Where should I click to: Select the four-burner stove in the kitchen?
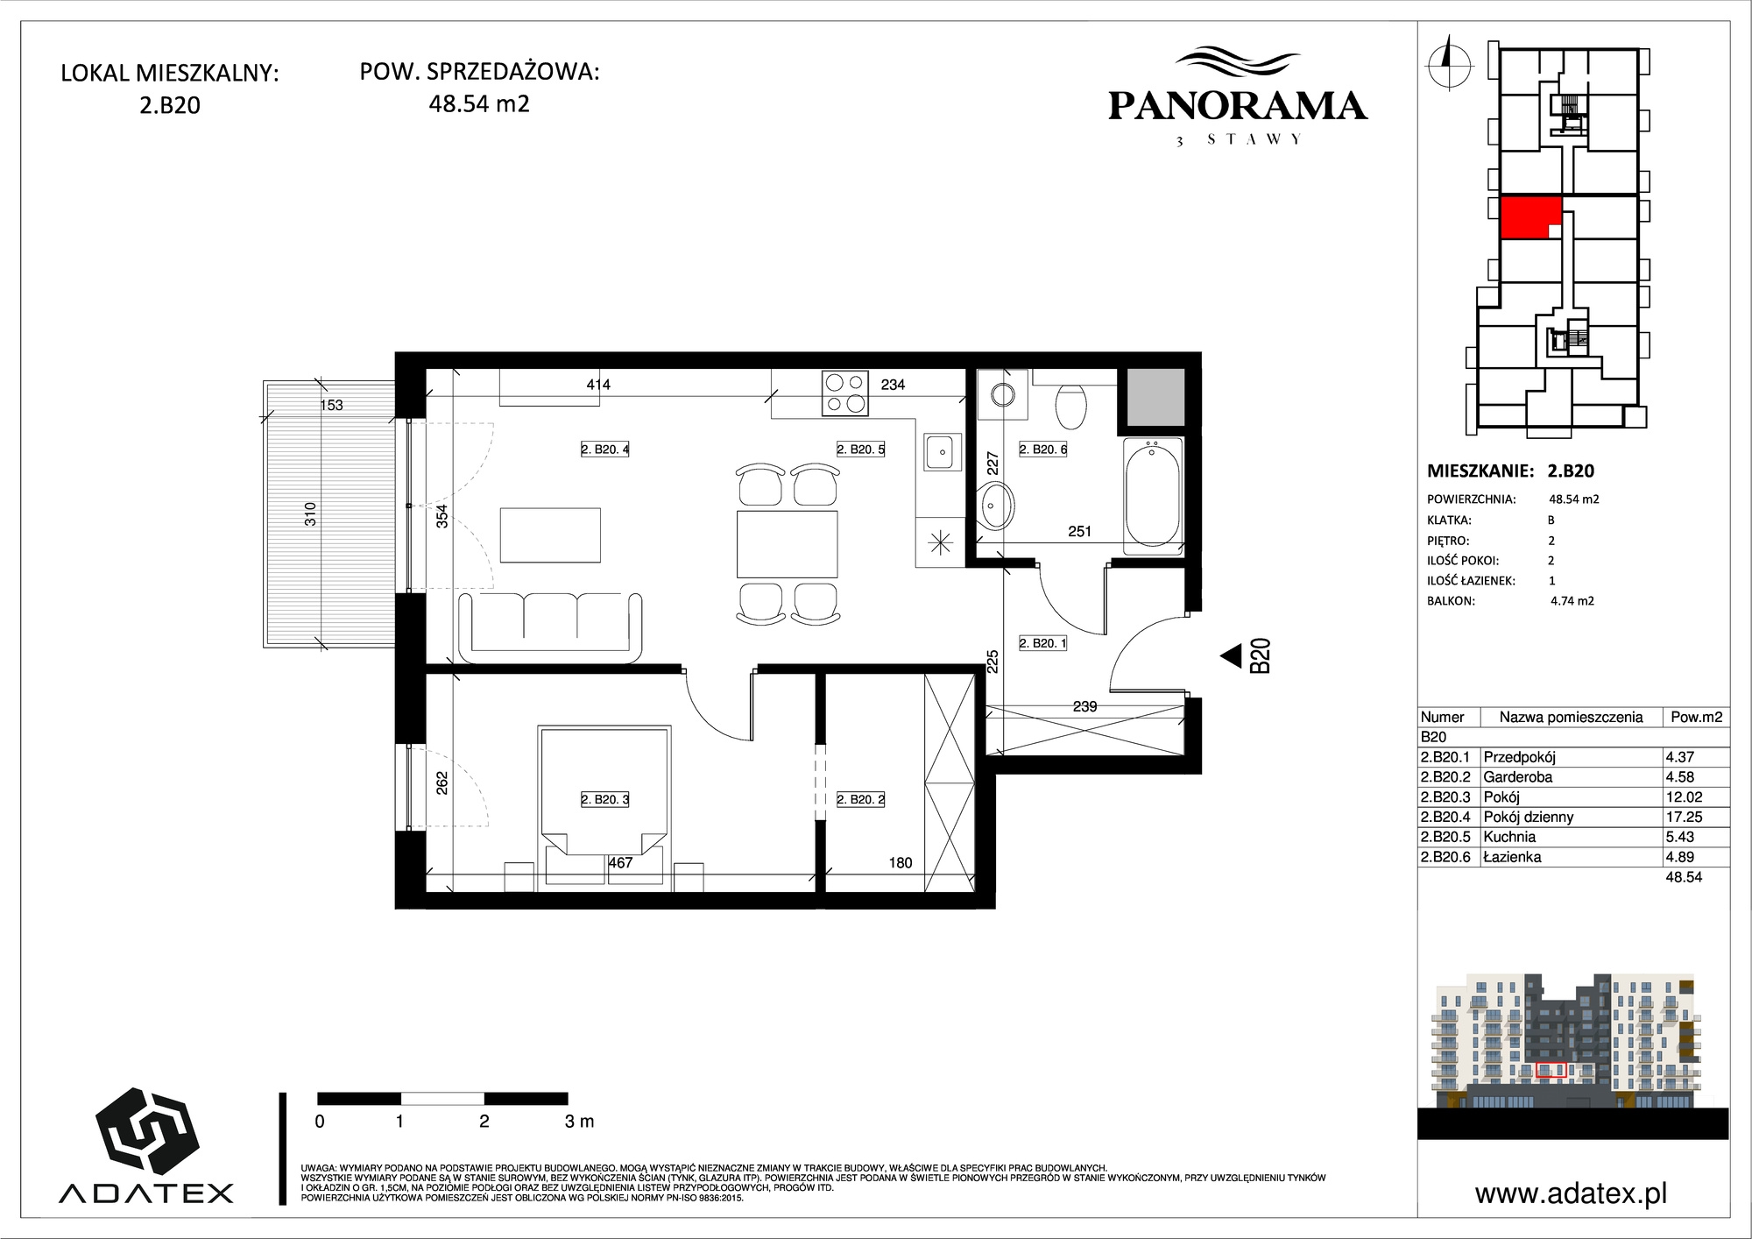(x=845, y=393)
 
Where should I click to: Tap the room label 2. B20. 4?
(x=605, y=450)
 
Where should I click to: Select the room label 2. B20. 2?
(x=860, y=799)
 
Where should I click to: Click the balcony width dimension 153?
(x=332, y=405)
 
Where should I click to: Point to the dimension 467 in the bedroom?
(x=620, y=862)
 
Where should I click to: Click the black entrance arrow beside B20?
(x=1231, y=655)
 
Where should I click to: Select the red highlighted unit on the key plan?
(x=1530, y=217)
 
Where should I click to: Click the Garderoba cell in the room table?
(x=1518, y=777)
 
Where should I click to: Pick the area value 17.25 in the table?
(x=1684, y=817)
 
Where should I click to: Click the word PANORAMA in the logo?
(x=1238, y=106)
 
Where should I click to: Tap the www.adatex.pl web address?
(x=1572, y=1193)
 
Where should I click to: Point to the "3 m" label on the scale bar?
(x=579, y=1122)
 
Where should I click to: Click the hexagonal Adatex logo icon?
(x=147, y=1131)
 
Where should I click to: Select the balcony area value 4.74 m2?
(x=1572, y=601)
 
